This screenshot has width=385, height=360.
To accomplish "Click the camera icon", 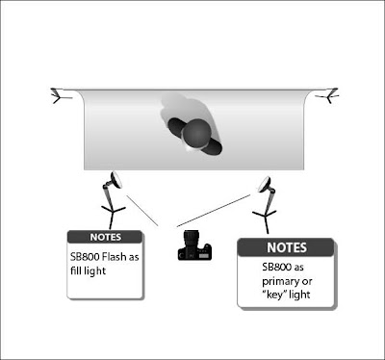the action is click(x=194, y=245).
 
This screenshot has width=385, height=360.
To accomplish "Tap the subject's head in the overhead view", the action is click(x=196, y=133).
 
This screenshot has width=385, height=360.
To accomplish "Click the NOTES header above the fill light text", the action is click(x=105, y=237).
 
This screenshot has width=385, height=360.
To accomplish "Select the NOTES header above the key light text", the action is click(x=287, y=247).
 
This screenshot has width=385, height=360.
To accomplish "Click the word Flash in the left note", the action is click(x=115, y=257).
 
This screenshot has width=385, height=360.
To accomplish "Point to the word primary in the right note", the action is click(x=280, y=282).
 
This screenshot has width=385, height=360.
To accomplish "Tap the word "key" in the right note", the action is click(x=274, y=295).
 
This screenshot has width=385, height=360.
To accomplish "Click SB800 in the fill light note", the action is click(x=85, y=257).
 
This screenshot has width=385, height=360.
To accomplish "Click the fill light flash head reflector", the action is click(x=116, y=180).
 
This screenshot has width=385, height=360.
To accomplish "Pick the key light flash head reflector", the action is click(x=265, y=185).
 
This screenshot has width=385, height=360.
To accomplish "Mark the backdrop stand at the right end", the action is click(x=328, y=95).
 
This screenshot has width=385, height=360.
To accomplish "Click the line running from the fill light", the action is click(x=142, y=211).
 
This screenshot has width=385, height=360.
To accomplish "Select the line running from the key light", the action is click(x=214, y=211).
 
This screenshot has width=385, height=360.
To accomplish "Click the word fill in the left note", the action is click(x=75, y=270).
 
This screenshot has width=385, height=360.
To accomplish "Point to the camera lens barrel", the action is click(x=190, y=239).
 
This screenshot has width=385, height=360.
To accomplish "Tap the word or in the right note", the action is click(x=307, y=282).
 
